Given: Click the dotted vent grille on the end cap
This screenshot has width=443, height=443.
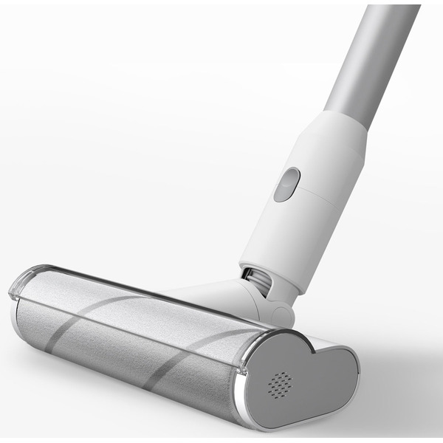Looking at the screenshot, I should click(x=280, y=384).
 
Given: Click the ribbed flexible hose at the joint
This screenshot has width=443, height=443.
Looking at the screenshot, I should click(x=257, y=280).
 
